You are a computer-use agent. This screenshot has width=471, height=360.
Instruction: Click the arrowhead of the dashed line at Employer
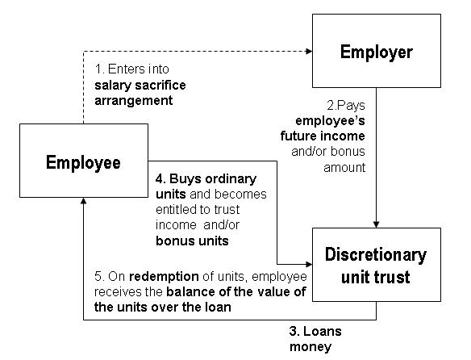click(309, 51)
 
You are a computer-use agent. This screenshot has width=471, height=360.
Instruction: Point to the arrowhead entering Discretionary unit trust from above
click(376, 224)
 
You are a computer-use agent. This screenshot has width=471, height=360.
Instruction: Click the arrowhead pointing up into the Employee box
click(84, 201)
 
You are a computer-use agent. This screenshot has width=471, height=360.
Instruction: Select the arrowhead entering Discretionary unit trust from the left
click(309, 265)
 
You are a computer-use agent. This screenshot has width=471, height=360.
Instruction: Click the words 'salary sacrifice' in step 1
click(140, 85)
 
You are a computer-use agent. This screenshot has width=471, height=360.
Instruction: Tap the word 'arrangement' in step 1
click(134, 101)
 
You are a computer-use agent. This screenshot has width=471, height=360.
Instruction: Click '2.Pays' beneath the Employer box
click(346, 106)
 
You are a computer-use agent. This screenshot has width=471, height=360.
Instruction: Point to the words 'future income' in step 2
click(323, 136)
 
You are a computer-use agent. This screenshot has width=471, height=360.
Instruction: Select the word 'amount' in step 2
click(344, 167)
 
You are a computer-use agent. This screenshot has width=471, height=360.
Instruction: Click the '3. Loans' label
click(315, 331)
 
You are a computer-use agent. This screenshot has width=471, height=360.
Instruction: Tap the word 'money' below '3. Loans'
click(311, 347)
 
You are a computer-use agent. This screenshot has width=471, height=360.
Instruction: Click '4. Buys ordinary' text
click(206, 179)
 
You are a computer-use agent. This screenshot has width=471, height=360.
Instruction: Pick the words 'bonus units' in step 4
click(192, 241)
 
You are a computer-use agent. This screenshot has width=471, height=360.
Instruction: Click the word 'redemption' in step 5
click(164, 276)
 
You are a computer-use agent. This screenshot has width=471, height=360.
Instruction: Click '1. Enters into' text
click(132, 69)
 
